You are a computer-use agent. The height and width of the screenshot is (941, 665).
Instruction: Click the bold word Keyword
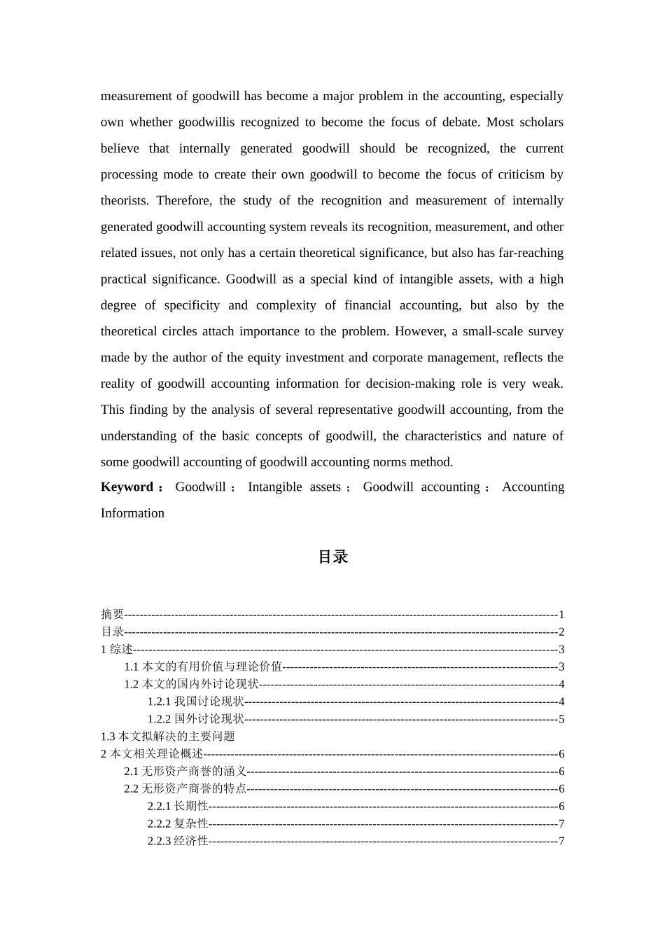pyautogui.click(x=127, y=487)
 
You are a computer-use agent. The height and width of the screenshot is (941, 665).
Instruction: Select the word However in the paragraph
pyautogui.click(x=420, y=332)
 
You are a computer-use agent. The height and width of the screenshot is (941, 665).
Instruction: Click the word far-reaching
pyautogui.click(x=531, y=253)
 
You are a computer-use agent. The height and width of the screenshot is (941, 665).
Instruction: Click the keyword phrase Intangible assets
pyautogui.click(x=294, y=487)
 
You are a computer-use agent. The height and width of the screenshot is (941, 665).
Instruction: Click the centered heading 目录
pyautogui.click(x=332, y=557)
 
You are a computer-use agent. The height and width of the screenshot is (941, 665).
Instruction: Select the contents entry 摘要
pyautogui.click(x=112, y=615)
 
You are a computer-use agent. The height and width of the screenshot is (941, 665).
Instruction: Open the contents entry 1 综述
pyautogui.click(x=117, y=650)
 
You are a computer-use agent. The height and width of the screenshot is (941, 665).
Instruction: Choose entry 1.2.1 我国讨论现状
pyautogui.click(x=196, y=702)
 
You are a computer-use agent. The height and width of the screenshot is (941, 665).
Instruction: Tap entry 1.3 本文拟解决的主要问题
pyautogui.click(x=168, y=737)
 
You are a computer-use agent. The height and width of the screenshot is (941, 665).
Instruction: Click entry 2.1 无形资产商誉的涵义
pyautogui.click(x=185, y=772)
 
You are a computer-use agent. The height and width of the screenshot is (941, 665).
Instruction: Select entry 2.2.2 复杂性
pyautogui.click(x=178, y=824)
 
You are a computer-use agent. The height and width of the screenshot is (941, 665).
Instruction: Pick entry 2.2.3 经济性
pyautogui.click(x=178, y=842)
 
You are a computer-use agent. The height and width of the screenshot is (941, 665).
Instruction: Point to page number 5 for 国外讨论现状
pyautogui.click(x=561, y=719)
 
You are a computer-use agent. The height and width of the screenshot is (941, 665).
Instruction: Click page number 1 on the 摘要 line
pyautogui.click(x=561, y=615)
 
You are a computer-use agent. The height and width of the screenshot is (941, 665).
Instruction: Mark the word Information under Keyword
pyautogui.click(x=132, y=513)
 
